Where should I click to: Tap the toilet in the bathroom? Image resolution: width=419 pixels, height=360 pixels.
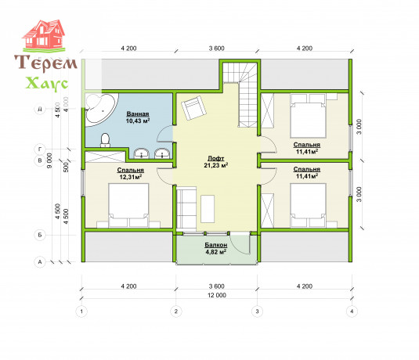click(105, 140)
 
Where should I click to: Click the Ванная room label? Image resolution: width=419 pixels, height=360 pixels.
click(138, 114)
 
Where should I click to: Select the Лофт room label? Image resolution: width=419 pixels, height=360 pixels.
click(216, 159)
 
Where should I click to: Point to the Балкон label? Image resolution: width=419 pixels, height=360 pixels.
click(216, 245)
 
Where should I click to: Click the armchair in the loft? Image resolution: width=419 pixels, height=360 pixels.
click(193, 108)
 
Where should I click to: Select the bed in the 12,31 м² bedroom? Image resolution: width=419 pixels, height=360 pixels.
click(128, 205)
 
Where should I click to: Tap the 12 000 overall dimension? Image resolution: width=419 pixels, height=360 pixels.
click(217, 295)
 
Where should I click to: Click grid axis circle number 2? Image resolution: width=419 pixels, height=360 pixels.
click(176, 311)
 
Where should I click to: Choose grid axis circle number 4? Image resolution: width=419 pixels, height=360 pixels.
click(352, 311)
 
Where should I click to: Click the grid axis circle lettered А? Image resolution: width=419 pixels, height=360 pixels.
click(40, 262)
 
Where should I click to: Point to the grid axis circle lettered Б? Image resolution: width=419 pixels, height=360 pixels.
click(40, 235)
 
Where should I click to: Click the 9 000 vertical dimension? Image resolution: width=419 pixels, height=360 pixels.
click(49, 160)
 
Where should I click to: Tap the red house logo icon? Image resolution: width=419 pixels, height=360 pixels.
click(44, 35)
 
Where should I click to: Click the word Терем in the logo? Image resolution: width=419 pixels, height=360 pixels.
click(45, 63)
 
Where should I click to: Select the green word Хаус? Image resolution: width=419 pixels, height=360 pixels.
click(47, 84)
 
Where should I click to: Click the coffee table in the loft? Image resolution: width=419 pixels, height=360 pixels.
click(208, 209)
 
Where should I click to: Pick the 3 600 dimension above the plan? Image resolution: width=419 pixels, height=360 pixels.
click(217, 49)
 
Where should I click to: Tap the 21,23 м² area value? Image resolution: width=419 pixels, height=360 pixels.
click(216, 166)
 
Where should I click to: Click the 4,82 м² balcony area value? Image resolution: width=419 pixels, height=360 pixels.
click(216, 252)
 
